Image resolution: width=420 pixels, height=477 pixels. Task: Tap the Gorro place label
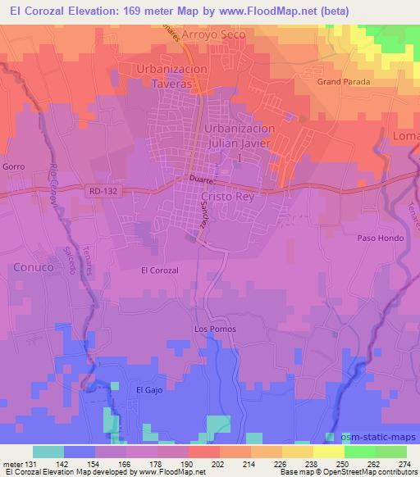coord(14,166)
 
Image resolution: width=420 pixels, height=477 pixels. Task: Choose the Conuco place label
coord(33,267)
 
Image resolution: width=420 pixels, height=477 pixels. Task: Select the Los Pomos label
coord(214,329)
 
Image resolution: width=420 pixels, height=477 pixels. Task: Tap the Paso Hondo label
coord(377,238)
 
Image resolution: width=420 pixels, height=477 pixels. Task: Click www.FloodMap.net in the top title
coord(270,11)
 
